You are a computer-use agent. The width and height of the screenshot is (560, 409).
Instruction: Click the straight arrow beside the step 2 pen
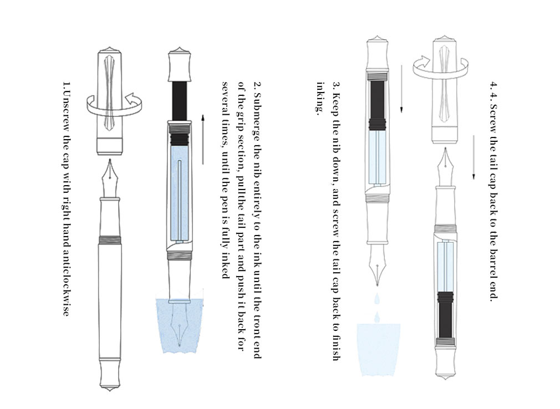click(x=203, y=139)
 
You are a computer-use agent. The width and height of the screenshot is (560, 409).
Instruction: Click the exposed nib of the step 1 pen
click(x=113, y=175)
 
